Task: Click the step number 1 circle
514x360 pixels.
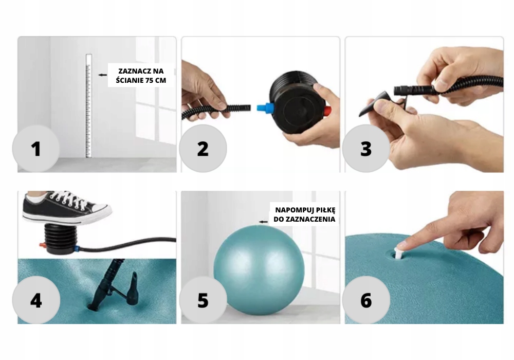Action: pyautogui.click(x=36, y=149)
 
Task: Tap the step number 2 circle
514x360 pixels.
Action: pyautogui.click(x=203, y=149)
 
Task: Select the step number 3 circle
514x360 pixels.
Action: pyautogui.click(x=366, y=149)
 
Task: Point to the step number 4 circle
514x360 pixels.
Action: pyautogui.click(x=36, y=300)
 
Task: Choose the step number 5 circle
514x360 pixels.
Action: pyautogui.click(x=203, y=300)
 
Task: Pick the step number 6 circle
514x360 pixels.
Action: pyautogui.click(x=366, y=300)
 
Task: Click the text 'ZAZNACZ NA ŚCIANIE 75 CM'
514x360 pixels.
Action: pyautogui.click(x=141, y=76)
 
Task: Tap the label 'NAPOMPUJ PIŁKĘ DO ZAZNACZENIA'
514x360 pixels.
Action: pyautogui.click(x=305, y=214)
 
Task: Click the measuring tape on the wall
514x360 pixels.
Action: pyautogui.click(x=88, y=105)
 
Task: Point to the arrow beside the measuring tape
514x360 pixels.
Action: pyautogui.click(x=103, y=75)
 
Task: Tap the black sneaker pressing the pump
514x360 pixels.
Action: pyautogui.click(x=66, y=207)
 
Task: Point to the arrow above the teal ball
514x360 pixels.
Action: pyautogui.click(x=263, y=222)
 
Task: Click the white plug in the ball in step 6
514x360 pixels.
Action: pyautogui.click(x=399, y=253)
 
